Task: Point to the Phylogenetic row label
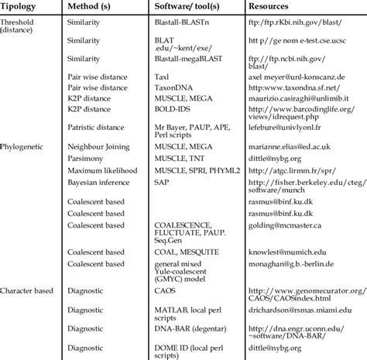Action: [26, 146]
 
